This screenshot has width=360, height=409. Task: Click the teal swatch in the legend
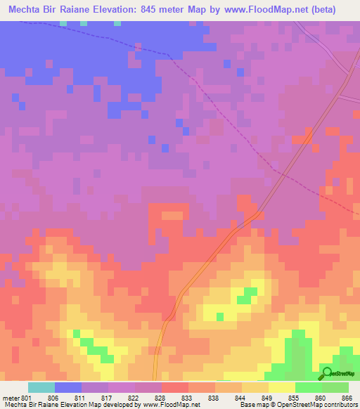[41, 387]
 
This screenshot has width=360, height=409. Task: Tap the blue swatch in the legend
[67, 387]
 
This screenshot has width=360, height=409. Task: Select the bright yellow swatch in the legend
[282, 387]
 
